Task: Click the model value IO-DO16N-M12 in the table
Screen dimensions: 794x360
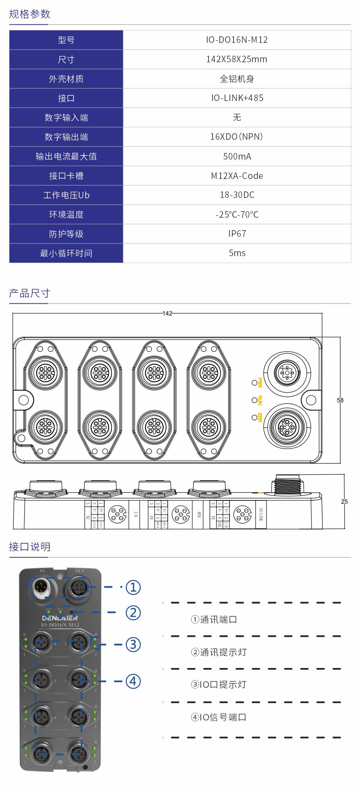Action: (237, 40)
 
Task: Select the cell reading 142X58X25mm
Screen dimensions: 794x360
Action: (237, 59)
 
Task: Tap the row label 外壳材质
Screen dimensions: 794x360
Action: (66, 79)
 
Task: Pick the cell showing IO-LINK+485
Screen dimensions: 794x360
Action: (237, 98)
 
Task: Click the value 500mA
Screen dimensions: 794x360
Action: (237, 156)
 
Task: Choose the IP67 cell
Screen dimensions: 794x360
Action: (237, 234)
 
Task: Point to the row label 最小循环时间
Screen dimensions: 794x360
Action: (66, 253)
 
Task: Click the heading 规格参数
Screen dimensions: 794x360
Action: (29, 14)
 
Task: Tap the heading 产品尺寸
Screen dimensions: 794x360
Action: (29, 293)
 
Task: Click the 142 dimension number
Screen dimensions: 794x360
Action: (167, 313)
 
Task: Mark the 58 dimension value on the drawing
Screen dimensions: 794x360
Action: (340, 400)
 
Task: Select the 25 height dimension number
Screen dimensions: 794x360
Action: (344, 502)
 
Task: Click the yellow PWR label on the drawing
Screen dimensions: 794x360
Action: (260, 382)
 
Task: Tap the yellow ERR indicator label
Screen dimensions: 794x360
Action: (260, 418)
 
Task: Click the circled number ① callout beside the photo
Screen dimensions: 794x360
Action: (133, 587)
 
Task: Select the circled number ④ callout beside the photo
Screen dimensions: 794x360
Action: (133, 681)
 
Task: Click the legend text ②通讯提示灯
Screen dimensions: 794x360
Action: (219, 652)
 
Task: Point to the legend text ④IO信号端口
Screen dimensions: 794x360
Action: (219, 717)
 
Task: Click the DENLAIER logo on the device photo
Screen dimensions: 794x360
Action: (60, 618)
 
